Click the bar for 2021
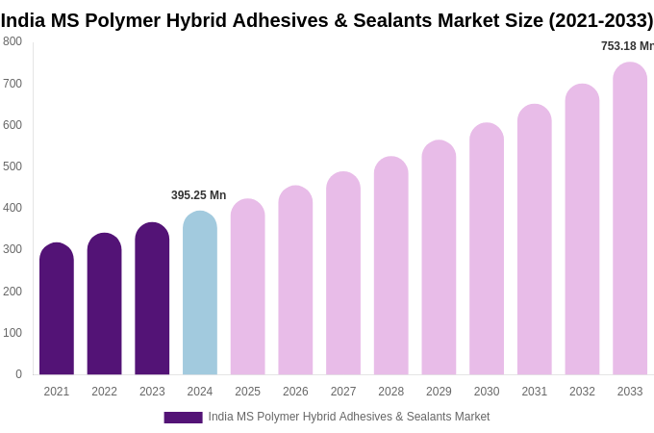[57, 310]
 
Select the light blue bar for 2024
[200, 293]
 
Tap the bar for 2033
[630, 219]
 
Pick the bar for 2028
[391, 267]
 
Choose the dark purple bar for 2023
[152, 299]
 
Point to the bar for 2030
[487, 249]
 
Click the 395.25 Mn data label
[198, 195]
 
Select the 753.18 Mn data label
[626, 46]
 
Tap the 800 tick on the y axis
[13, 41]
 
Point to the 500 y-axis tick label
[13, 166]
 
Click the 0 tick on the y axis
[18, 374]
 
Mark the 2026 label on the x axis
[295, 392]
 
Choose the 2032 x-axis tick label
[582, 392]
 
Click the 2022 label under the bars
[104, 392]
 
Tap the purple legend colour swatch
[183, 418]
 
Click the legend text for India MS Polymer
[349, 417]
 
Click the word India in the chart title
[22, 20]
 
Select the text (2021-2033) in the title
[600, 20]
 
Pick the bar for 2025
[247, 288]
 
